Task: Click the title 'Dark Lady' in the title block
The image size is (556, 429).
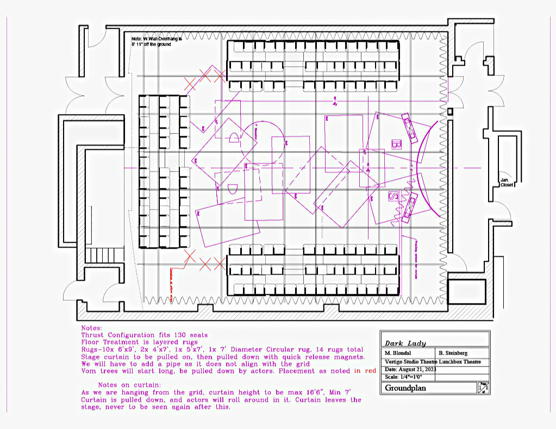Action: coord(405,343)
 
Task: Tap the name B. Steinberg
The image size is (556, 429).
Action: coord(453,353)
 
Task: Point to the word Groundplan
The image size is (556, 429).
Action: coord(406,388)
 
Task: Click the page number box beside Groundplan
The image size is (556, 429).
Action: coord(483,388)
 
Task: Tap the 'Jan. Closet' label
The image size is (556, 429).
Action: coord(507,182)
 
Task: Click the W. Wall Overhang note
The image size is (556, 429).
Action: coord(157,42)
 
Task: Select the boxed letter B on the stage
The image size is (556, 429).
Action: coord(396,144)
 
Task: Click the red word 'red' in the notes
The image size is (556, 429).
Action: coord(371,371)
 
